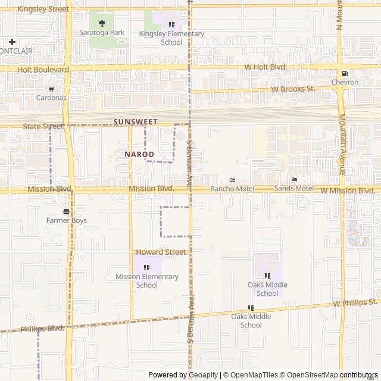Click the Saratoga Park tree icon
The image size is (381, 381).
tap(102, 24)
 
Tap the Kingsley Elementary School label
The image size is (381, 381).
tap(171, 38)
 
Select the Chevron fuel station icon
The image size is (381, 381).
tap(338, 72)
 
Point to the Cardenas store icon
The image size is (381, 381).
tap(51, 88)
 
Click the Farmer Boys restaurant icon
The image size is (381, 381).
tap(66, 211)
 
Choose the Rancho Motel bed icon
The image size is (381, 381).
tap(232, 180)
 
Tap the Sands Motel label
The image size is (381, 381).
tap(293, 189)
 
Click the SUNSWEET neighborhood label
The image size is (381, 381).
tap(135, 122)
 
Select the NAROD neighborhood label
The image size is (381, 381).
tap(140, 154)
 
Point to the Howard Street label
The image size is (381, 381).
tap(161, 252)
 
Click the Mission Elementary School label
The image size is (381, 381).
tap(147, 281)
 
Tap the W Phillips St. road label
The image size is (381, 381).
tap(355, 303)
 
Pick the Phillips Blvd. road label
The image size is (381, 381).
tap(42, 329)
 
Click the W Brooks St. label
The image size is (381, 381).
tap(293, 89)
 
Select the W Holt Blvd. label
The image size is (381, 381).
tap(266, 67)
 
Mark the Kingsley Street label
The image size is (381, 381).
tap(43, 10)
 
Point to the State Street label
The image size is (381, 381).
tap(43, 127)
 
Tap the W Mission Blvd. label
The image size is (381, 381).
tap(348, 190)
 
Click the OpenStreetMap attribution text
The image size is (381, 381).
tap(310, 375)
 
